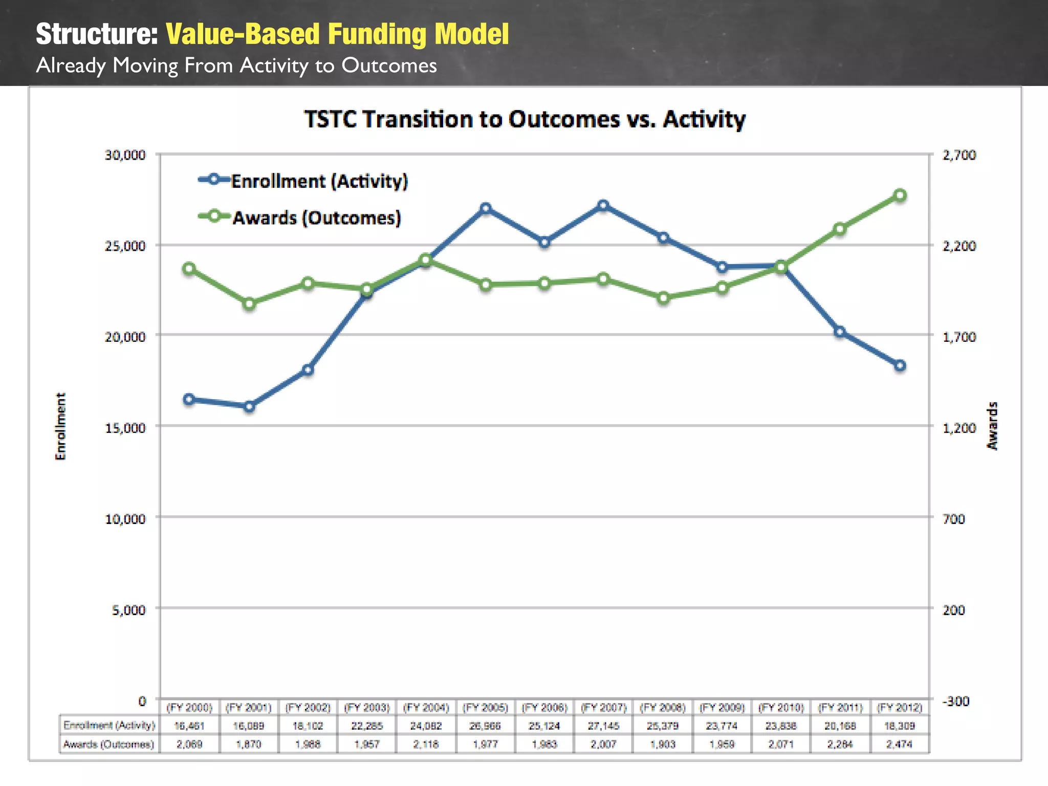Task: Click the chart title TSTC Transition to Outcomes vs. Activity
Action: [x=525, y=119]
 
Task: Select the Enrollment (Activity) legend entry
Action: [x=304, y=181]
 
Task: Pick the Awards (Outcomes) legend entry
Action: [x=300, y=217]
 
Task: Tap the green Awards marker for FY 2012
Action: [x=900, y=195]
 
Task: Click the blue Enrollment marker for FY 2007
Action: [x=603, y=206]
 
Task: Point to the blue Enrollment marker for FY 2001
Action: [x=249, y=407]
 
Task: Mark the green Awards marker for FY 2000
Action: [x=189, y=269]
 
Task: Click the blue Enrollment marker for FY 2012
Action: [x=900, y=365]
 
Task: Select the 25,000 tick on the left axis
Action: [x=125, y=246]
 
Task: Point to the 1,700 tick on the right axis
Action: [x=959, y=337]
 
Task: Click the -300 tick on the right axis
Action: [x=956, y=701]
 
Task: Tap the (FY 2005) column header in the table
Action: [x=485, y=708]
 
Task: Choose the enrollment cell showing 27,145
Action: [x=603, y=726]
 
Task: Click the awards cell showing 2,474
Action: [x=899, y=744]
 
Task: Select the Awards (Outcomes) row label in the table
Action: [x=108, y=744]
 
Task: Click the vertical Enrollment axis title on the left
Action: [x=60, y=426]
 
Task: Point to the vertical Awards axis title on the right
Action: [x=992, y=426]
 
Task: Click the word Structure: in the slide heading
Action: [x=97, y=34]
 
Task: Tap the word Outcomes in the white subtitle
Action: [x=389, y=65]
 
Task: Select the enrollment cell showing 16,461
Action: [x=189, y=726]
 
